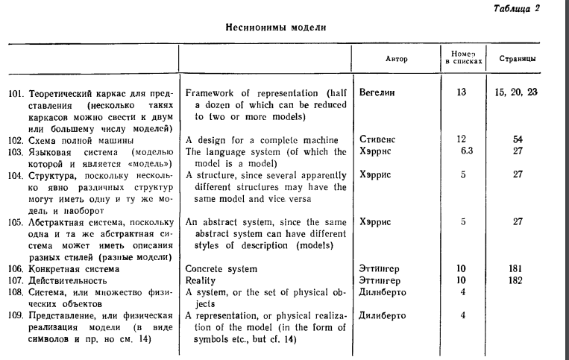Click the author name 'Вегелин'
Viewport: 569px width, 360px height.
(377, 92)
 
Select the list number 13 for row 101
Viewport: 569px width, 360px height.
(462, 92)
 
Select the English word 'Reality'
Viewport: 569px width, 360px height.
(201, 280)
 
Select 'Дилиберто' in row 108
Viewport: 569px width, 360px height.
(383, 292)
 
